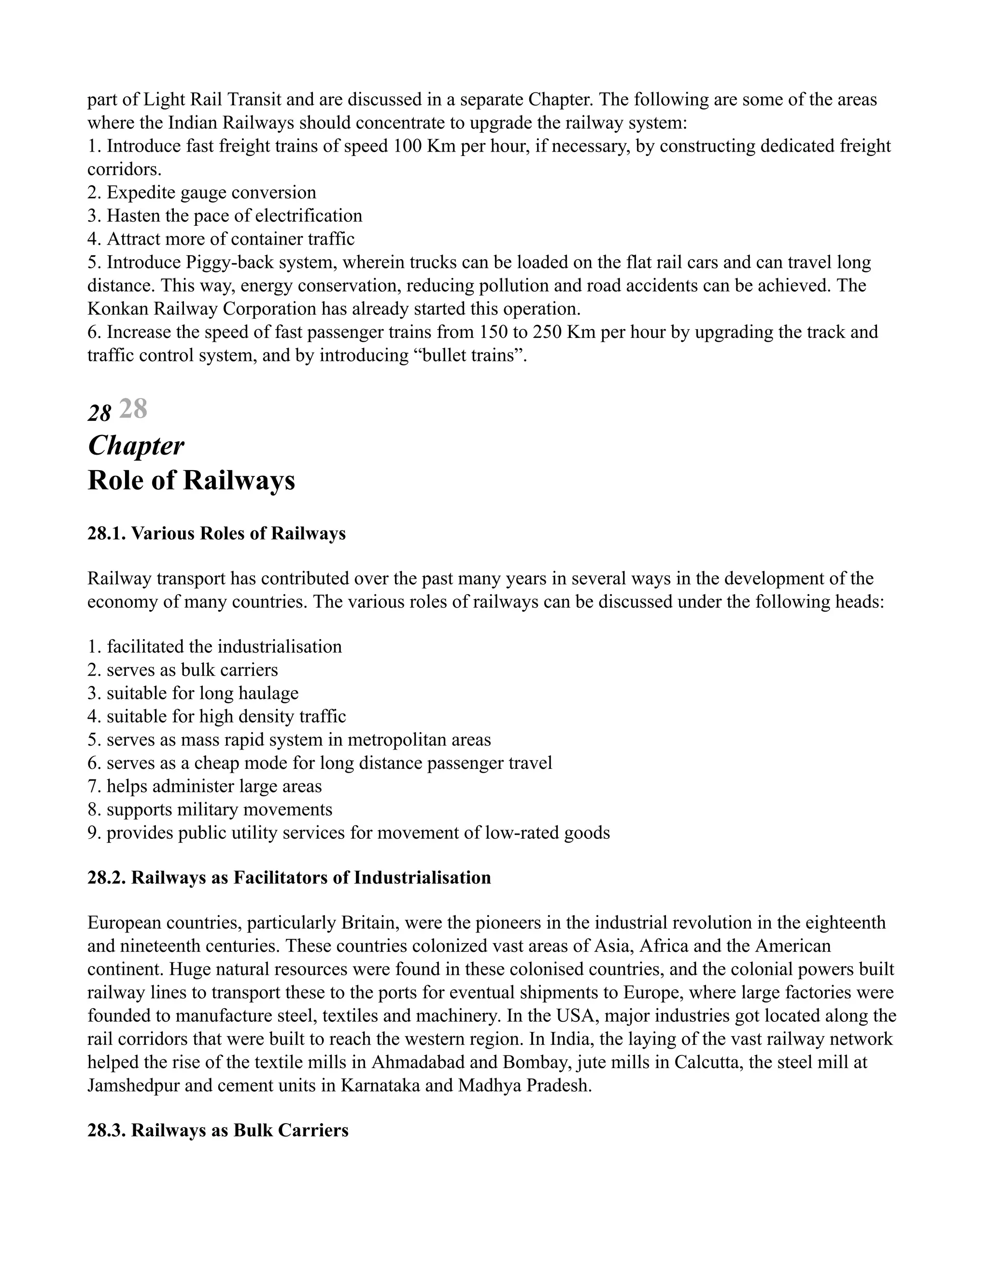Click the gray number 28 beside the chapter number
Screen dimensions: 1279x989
pyautogui.click(x=133, y=409)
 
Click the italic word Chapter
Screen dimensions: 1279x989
pyautogui.click(x=135, y=446)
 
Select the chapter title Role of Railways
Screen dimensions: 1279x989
pyautogui.click(x=191, y=481)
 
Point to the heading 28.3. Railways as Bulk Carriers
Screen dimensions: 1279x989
pyautogui.click(x=217, y=1130)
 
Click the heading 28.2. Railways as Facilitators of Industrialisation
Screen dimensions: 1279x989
pyautogui.click(x=289, y=877)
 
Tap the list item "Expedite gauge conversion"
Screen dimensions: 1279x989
pyautogui.click(x=202, y=193)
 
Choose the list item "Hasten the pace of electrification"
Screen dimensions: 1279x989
pyautogui.click(x=226, y=216)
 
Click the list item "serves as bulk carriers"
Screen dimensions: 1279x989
pyautogui.click(x=184, y=670)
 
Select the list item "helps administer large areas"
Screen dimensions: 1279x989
pyautogui.click(x=205, y=787)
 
